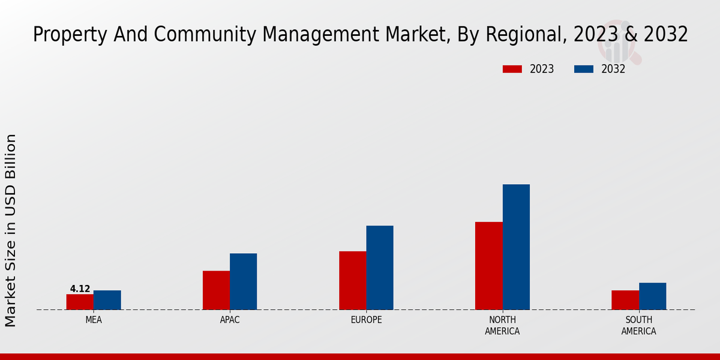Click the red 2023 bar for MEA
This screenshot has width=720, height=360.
tap(80, 302)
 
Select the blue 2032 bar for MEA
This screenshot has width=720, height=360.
tap(107, 300)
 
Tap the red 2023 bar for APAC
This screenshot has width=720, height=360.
tap(216, 290)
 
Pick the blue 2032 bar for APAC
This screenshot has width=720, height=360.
tap(243, 281)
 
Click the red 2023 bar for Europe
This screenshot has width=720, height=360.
tap(352, 280)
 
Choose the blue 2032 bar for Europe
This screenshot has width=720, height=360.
tap(380, 268)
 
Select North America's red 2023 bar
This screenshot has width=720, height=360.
tap(488, 266)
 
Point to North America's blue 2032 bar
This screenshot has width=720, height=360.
tap(516, 247)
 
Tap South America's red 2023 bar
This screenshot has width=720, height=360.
tap(625, 300)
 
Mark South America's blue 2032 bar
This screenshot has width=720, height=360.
tap(652, 296)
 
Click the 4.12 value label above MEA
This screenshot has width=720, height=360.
tap(80, 289)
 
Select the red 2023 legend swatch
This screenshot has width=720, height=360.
tap(512, 69)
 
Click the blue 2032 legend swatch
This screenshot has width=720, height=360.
tap(583, 69)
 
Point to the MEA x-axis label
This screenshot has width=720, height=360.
tap(94, 320)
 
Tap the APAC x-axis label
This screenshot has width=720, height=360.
tap(230, 320)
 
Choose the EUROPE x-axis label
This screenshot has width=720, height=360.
tap(366, 320)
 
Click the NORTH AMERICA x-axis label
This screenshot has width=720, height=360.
tap(502, 325)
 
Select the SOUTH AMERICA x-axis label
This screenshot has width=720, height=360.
tap(638, 325)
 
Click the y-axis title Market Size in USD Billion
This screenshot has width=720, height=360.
tap(11, 230)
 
